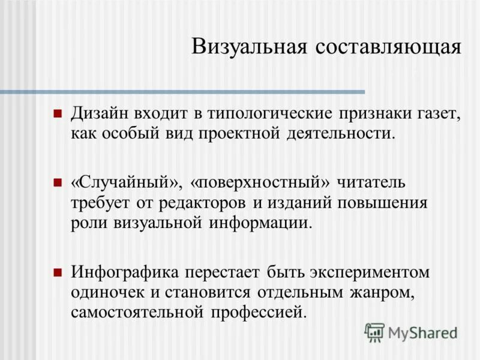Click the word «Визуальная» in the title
click(x=249, y=46)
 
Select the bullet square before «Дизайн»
click(x=58, y=113)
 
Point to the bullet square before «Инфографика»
click(x=58, y=272)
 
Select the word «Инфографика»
click(x=125, y=272)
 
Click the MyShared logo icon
click(x=374, y=332)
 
